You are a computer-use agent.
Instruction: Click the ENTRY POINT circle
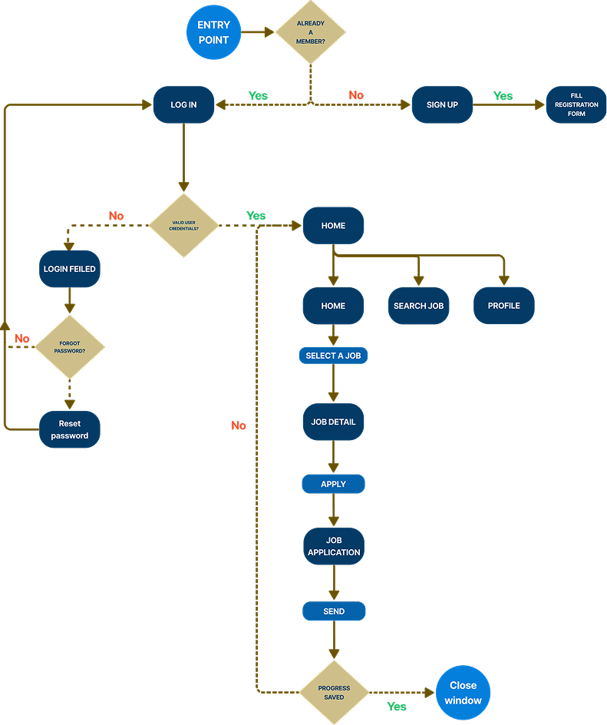[213, 33]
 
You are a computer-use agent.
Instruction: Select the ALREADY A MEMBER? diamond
[311, 33]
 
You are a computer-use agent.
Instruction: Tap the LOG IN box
[183, 104]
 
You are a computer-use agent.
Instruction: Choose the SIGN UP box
[442, 104]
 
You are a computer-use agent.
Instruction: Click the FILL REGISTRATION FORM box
[576, 104]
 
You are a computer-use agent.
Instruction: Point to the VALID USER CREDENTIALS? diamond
[183, 225]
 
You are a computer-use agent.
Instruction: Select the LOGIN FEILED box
[70, 270]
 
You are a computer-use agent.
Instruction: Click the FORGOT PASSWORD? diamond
[70, 346]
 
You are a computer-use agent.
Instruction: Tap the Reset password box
[70, 429]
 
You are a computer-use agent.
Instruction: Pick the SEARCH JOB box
[418, 306]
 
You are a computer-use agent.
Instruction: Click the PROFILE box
[503, 306]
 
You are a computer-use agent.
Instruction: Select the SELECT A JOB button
[333, 356]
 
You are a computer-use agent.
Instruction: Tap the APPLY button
[333, 484]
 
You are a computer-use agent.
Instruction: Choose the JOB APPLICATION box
[333, 546]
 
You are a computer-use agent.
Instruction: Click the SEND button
[334, 611]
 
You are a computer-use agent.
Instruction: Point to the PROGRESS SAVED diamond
[334, 692]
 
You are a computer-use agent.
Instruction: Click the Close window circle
[463, 692]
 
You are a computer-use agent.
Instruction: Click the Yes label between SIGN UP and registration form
[503, 96]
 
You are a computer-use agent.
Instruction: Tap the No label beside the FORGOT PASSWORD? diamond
[21, 338]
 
